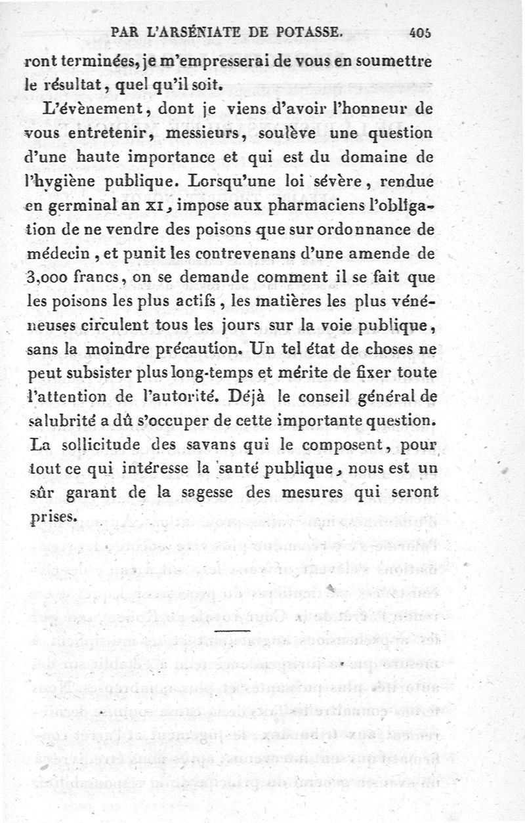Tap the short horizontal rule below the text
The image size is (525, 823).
tap(228, 631)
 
